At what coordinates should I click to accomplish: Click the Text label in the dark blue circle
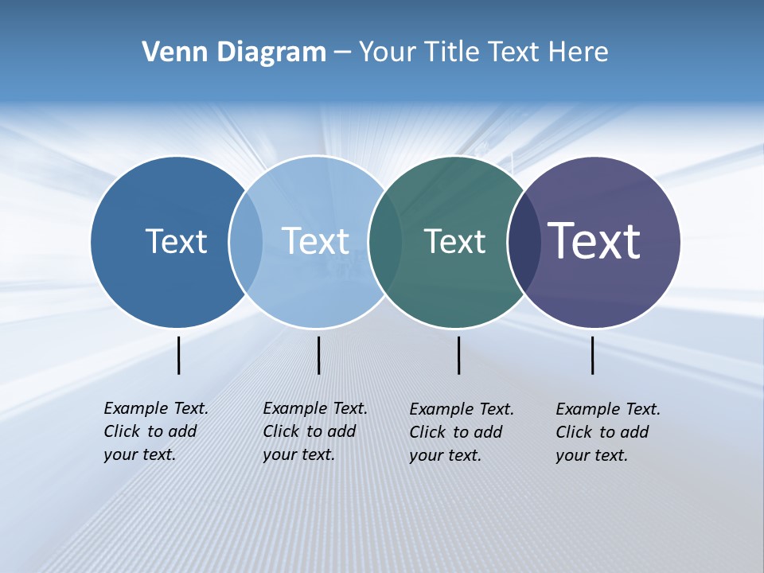click(x=176, y=241)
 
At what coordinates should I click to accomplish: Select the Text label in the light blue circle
click(x=315, y=241)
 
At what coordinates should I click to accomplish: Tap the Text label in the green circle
click(x=454, y=241)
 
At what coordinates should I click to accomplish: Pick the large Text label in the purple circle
click(x=594, y=241)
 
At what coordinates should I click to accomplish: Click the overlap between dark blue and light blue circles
click(x=246, y=242)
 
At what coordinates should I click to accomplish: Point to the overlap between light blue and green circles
click(x=385, y=242)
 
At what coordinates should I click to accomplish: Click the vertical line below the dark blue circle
click(x=179, y=355)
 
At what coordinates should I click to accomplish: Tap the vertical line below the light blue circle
click(x=318, y=355)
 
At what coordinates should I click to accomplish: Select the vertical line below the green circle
click(x=458, y=355)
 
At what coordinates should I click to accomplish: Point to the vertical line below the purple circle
click(x=593, y=355)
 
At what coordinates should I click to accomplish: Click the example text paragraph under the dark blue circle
click(x=155, y=431)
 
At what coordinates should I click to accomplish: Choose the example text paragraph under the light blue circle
click(x=314, y=431)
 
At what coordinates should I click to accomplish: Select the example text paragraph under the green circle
click(x=461, y=432)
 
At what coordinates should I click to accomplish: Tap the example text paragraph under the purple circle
click(x=607, y=432)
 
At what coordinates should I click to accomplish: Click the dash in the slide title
click(x=342, y=53)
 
